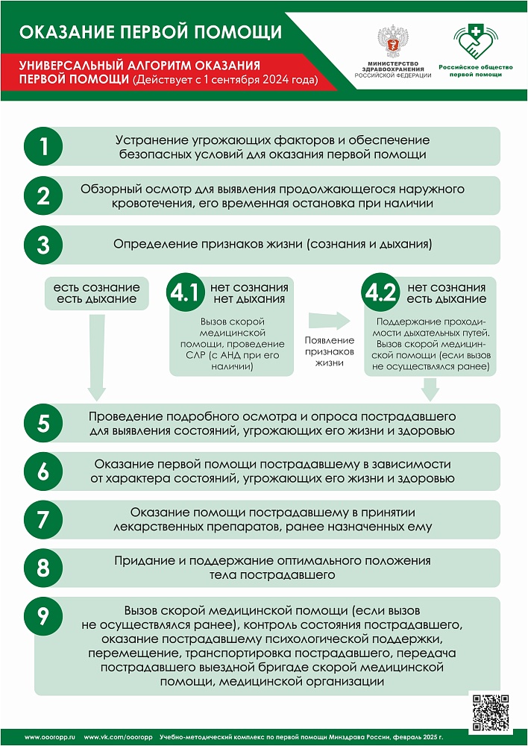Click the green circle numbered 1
point(44,146)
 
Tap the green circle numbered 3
point(44,245)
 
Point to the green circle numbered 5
point(44,423)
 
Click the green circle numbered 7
point(44,519)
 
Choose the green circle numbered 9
point(44,615)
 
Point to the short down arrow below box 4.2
point(430,388)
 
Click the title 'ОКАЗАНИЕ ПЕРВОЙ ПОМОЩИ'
point(150,32)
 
